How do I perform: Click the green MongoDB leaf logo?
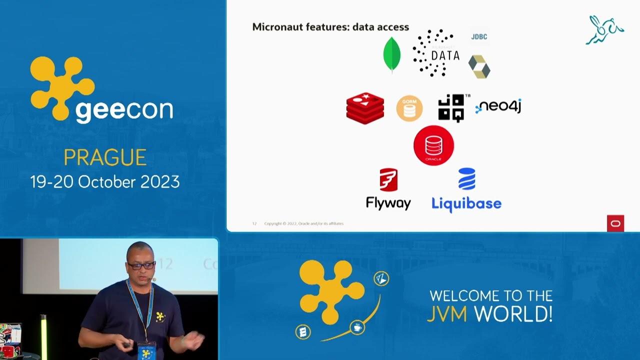click(x=391, y=54)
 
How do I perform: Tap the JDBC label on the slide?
click(x=479, y=36)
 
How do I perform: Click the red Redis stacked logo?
click(x=365, y=108)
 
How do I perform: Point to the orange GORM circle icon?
click(x=409, y=108)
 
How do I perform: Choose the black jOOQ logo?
click(x=451, y=107)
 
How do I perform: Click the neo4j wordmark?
click(x=498, y=106)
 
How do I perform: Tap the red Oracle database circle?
click(x=433, y=145)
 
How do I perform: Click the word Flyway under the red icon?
click(x=388, y=203)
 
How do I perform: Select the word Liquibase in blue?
click(x=466, y=203)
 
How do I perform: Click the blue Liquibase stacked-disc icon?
click(x=466, y=179)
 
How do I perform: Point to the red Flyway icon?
click(x=388, y=180)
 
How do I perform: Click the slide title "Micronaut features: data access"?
click(x=330, y=27)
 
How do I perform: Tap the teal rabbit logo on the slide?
click(x=604, y=30)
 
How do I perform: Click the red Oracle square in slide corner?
click(x=615, y=223)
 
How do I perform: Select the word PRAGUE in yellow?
click(x=105, y=158)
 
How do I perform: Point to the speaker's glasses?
click(x=141, y=265)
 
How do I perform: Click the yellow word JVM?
click(x=447, y=314)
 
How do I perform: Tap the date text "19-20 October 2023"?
click(x=105, y=181)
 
